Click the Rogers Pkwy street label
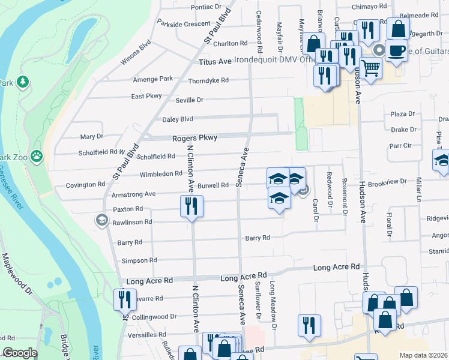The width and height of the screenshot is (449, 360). [x=194, y=138]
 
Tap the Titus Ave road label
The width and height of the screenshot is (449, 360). [x=216, y=62]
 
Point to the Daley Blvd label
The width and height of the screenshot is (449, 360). [x=178, y=119]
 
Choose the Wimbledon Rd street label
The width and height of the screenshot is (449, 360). [x=161, y=173]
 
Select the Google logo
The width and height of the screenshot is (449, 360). [x=20, y=353]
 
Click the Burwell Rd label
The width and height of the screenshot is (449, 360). [x=214, y=185]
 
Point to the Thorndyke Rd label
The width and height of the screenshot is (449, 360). [x=208, y=80]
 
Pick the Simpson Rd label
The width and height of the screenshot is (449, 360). [x=139, y=260]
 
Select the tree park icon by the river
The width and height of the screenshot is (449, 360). [x=23, y=82]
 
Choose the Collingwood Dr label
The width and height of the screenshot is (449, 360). [x=152, y=317]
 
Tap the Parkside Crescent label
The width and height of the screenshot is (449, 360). [x=184, y=24]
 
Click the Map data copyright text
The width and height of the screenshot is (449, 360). [x=423, y=355]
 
